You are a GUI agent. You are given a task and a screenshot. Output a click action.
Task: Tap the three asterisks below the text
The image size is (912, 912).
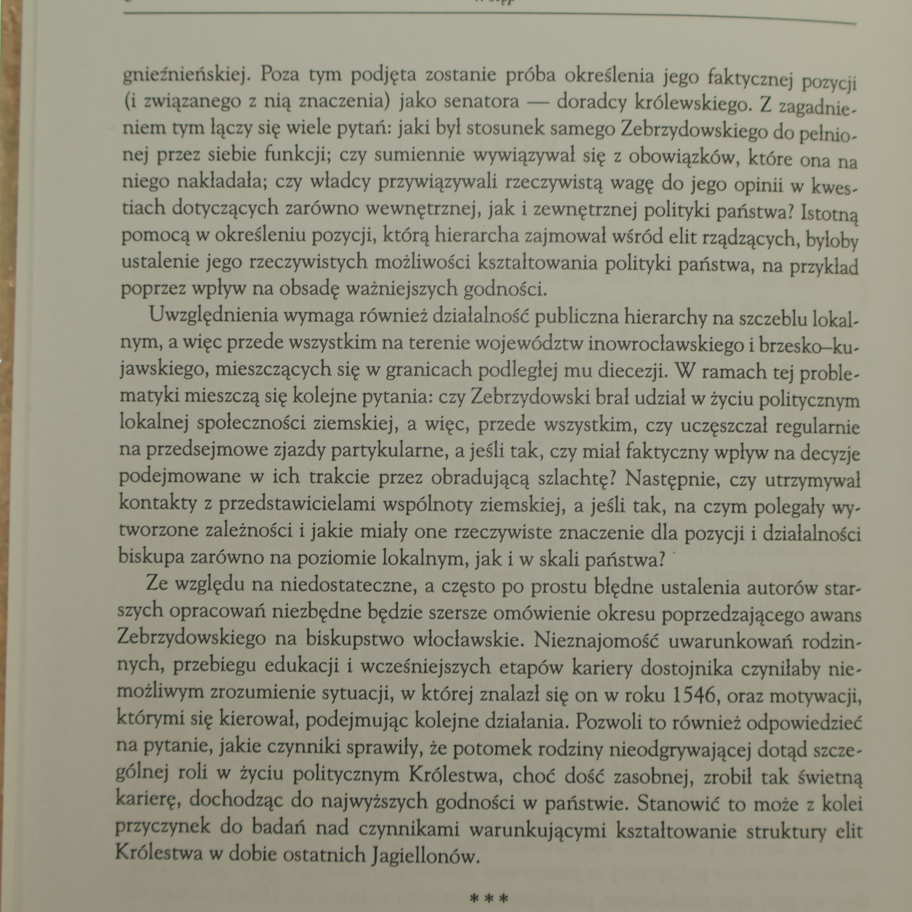coord(488,899)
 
